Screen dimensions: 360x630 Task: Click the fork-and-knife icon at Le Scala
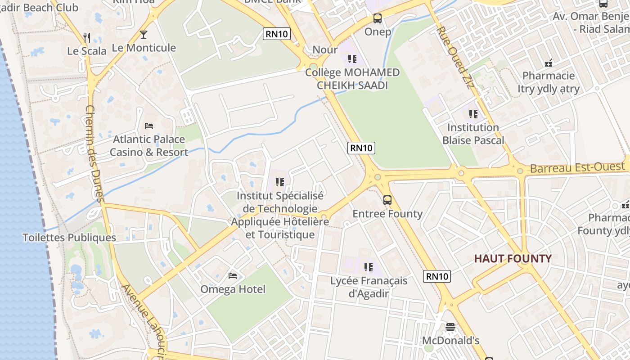[x=87, y=37]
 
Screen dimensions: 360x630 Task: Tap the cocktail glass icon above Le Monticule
[x=144, y=35]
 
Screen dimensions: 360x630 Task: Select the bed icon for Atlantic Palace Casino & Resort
[x=149, y=126]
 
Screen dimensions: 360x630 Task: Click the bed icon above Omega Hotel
[x=233, y=275]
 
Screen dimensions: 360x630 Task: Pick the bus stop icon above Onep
[x=378, y=18]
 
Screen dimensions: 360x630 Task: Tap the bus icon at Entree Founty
[x=387, y=200]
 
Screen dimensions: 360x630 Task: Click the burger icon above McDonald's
[x=450, y=327]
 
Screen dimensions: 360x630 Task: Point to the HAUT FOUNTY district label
[x=513, y=259]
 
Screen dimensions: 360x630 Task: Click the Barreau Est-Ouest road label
[x=577, y=168]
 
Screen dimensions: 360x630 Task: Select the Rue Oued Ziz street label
[x=456, y=57]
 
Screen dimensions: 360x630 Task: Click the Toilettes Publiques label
[x=69, y=238]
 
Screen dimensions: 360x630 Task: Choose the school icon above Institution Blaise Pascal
[x=473, y=114]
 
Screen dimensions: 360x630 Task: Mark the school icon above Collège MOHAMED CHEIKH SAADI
[x=352, y=58]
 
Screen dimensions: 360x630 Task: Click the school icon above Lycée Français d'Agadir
[x=369, y=267]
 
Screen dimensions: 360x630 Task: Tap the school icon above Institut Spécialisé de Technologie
[x=280, y=182]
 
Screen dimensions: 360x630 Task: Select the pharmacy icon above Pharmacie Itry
[x=549, y=63]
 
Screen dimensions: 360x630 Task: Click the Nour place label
[x=324, y=49]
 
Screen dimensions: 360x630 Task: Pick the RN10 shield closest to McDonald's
[x=437, y=276]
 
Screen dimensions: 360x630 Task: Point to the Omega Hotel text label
[x=233, y=289]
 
